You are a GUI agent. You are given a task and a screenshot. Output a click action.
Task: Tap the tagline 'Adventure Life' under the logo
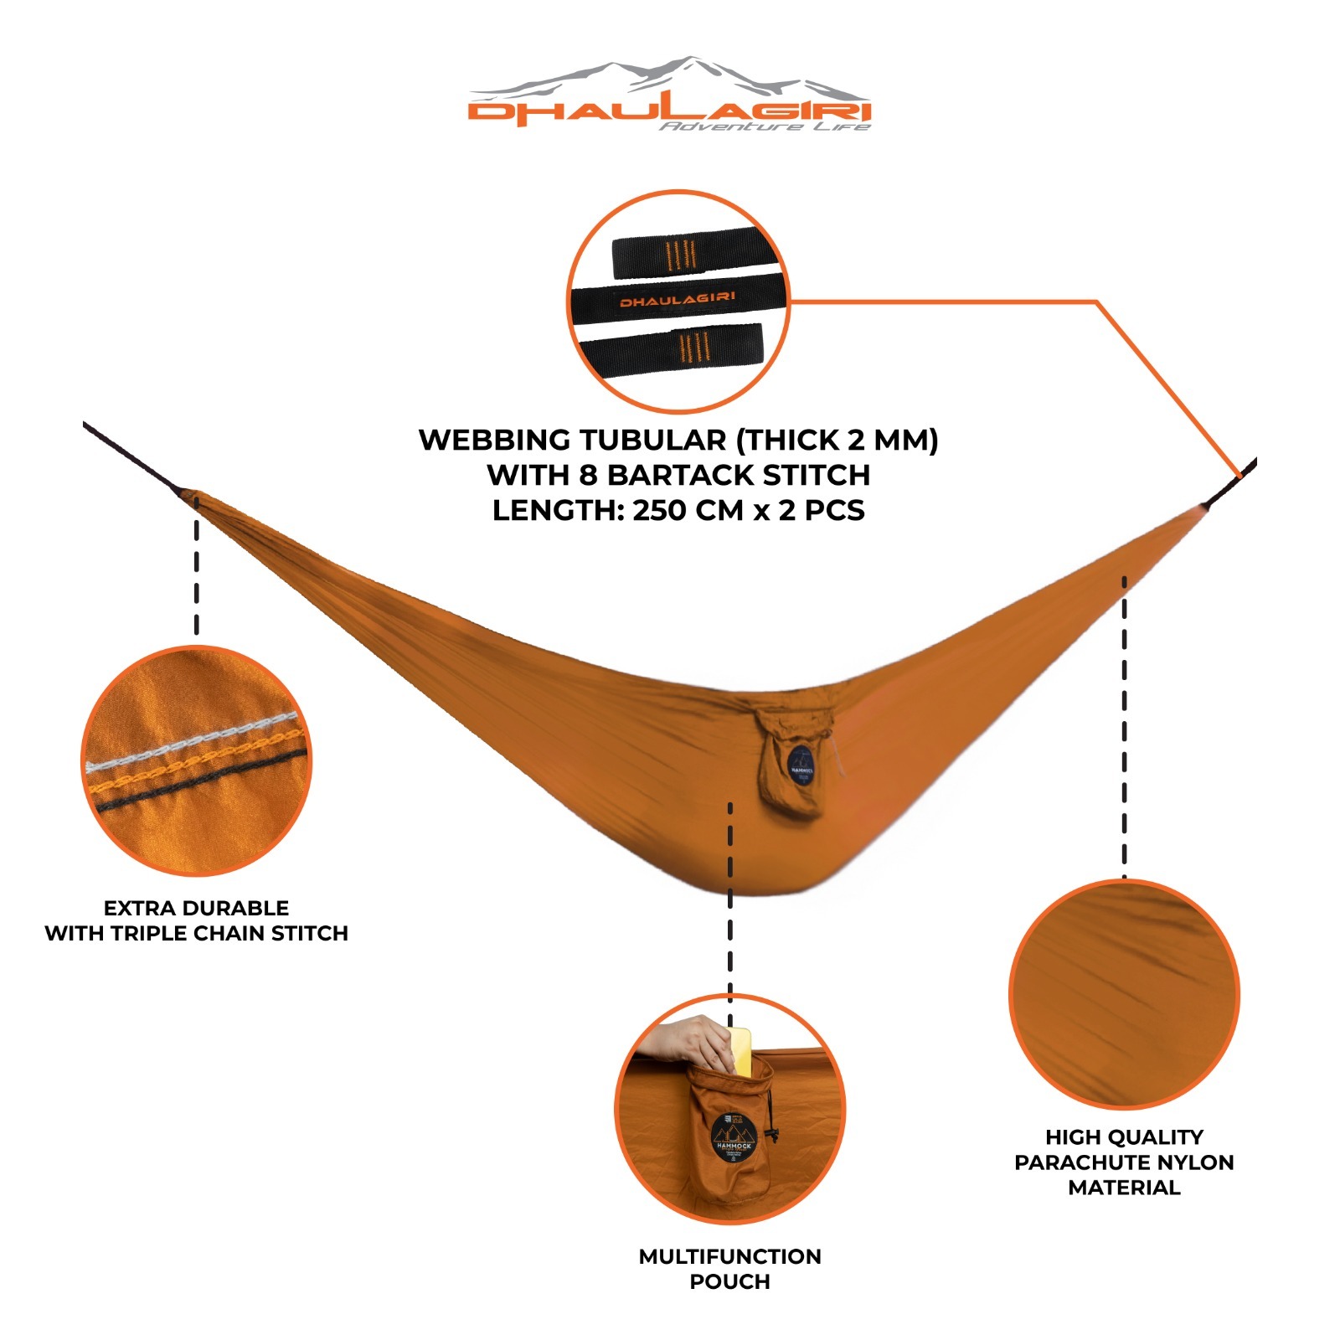coord(764,126)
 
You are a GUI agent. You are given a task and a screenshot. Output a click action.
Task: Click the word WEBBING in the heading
coord(494,440)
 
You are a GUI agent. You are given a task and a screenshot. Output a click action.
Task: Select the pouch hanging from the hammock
coord(791,766)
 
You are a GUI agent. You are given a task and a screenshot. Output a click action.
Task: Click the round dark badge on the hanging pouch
coord(801,765)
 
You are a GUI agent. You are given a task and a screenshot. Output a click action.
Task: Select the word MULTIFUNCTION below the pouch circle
coord(729,1256)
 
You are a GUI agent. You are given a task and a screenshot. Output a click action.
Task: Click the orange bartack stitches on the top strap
coord(679,255)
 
